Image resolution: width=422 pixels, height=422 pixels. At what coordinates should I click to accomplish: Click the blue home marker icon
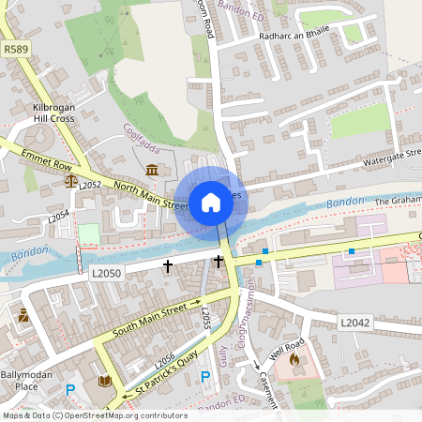pyautogui.click(x=210, y=202)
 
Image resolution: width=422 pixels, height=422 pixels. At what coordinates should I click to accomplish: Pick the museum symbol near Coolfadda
pyautogui.click(x=152, y=169)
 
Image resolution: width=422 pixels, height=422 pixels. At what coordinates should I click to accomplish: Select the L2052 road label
pyautogui.click(x=90, y=185)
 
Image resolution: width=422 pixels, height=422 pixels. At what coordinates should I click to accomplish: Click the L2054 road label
pyautogui.click(x=59, y=217)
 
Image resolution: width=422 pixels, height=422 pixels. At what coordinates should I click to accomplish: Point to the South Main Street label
pyautogui.click(x=150, y=319)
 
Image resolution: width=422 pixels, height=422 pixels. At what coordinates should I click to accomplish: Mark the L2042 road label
pyautogui.click(x=355, y=322)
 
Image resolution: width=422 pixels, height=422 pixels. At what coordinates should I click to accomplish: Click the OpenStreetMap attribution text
pyautogui.click(x=94, y=415)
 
